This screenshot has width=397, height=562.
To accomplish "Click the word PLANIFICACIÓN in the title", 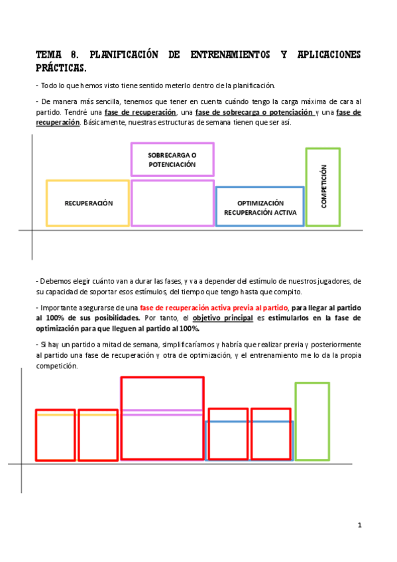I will [123, 55].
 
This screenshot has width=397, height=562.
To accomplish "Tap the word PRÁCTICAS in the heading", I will [60, 68].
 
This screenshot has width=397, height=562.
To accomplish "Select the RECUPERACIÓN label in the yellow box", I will [88, 203].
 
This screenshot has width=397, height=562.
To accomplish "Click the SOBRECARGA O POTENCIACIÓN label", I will [172, 160].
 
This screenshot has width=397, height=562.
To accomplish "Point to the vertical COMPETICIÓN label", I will [323, 187].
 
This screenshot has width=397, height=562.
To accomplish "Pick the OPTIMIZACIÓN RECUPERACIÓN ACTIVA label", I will [260, 208].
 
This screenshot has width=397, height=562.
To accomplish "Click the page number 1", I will [359, 525].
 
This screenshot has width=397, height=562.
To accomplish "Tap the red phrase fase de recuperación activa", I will [215, 308].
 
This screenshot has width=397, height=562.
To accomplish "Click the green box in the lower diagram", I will [312, 421].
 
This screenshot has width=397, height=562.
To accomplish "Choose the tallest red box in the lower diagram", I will [162, 418].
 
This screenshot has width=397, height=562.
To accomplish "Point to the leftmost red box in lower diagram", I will [55, 435].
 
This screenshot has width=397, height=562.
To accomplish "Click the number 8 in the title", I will [74, 55].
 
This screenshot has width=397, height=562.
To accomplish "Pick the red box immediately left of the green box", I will [270, 434].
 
